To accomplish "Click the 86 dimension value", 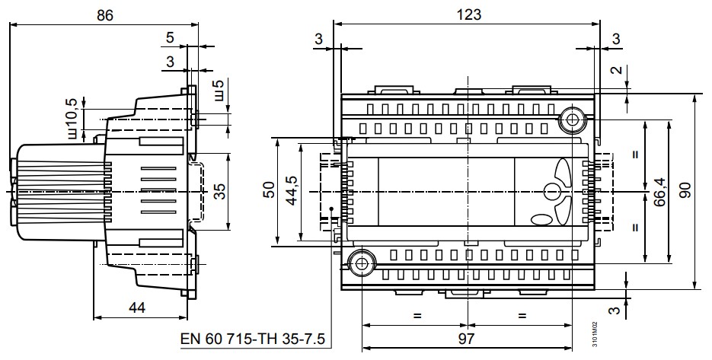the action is [104, 15].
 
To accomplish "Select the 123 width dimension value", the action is [468, 14].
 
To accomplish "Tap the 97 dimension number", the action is [466, 338].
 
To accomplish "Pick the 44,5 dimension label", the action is [291, 190].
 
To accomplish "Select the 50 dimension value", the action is [270, 190].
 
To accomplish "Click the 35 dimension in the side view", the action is [220, 191].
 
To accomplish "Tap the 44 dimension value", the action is [136, 307].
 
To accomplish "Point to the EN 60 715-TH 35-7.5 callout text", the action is [253, 339].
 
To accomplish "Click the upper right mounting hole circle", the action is [571, 120].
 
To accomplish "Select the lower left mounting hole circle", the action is [362, 263].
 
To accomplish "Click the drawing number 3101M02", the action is [595, 336].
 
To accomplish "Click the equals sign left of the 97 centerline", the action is [417, 315].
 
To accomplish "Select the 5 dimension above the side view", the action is [170, 37].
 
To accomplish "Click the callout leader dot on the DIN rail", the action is [332, 209].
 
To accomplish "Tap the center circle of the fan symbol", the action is [553, 193].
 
